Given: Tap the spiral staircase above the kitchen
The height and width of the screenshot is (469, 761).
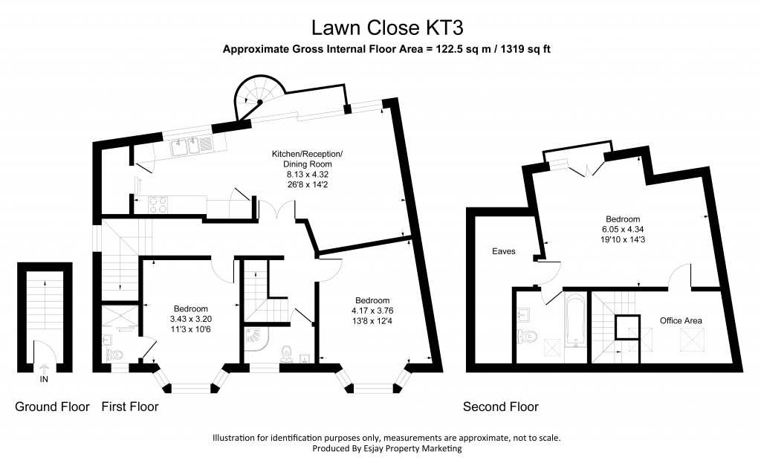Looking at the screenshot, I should [256, 100].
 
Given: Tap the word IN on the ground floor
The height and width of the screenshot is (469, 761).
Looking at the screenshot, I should [44, 379].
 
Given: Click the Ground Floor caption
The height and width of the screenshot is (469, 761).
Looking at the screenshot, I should [53, 407].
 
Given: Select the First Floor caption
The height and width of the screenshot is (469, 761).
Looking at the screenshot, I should [129, 407].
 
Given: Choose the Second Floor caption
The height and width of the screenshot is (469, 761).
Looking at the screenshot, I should [500, 407].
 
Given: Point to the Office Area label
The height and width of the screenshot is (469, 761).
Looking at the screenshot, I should [681, 320].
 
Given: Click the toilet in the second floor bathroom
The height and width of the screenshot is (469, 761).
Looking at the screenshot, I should [528, 336].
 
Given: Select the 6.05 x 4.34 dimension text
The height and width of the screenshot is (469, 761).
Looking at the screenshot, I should [622, 230].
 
